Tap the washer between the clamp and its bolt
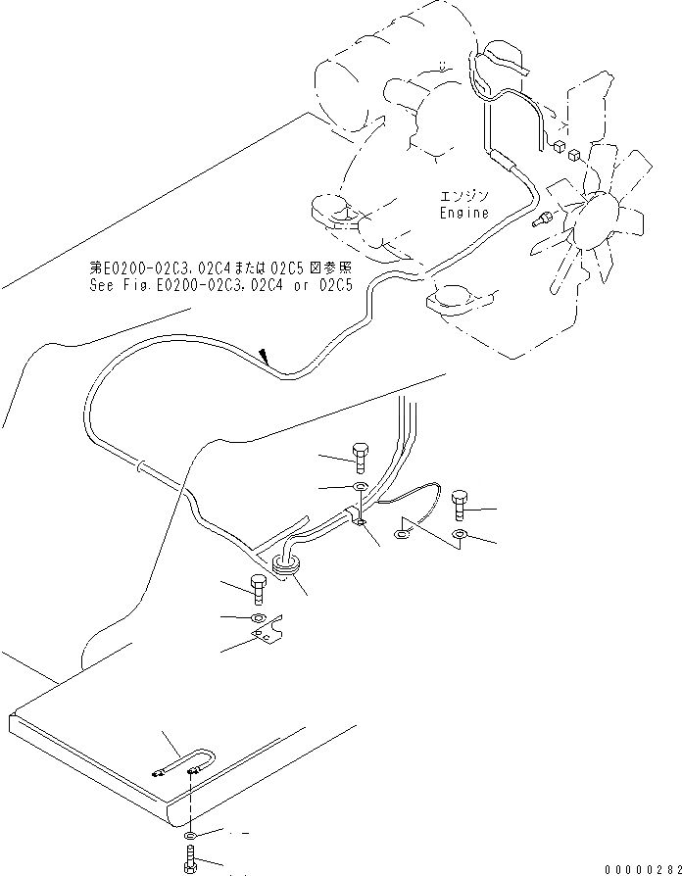point(360,488)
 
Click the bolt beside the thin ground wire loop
point(462,507)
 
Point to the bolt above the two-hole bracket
point(258,589)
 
